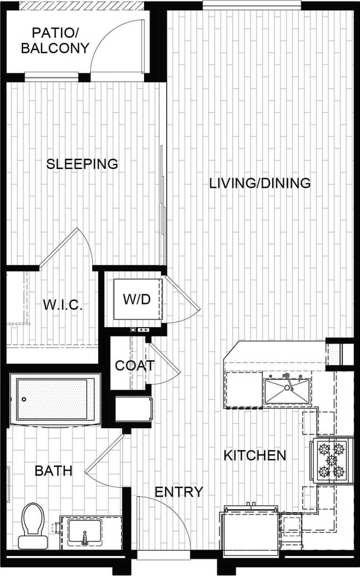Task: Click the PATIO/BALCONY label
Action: [x=55, y=41]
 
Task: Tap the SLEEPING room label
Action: [x=82, y=164]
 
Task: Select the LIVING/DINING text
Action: [x=260, y=183]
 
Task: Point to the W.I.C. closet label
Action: [x=63, y=305]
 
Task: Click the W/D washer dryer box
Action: [x=138, y=299]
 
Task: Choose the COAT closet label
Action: [x=135, y=365]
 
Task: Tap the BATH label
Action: [x=54, y=470]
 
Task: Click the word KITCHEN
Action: [x=255, y=455]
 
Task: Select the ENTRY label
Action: [x=179, y=491]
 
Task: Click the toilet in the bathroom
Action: [x=33, y=524]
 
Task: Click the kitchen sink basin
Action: [x=286, y=390]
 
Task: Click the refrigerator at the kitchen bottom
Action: [x=251, y=531]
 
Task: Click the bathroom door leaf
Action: [x=104, y=453]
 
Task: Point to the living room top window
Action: [x=252, y=5]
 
